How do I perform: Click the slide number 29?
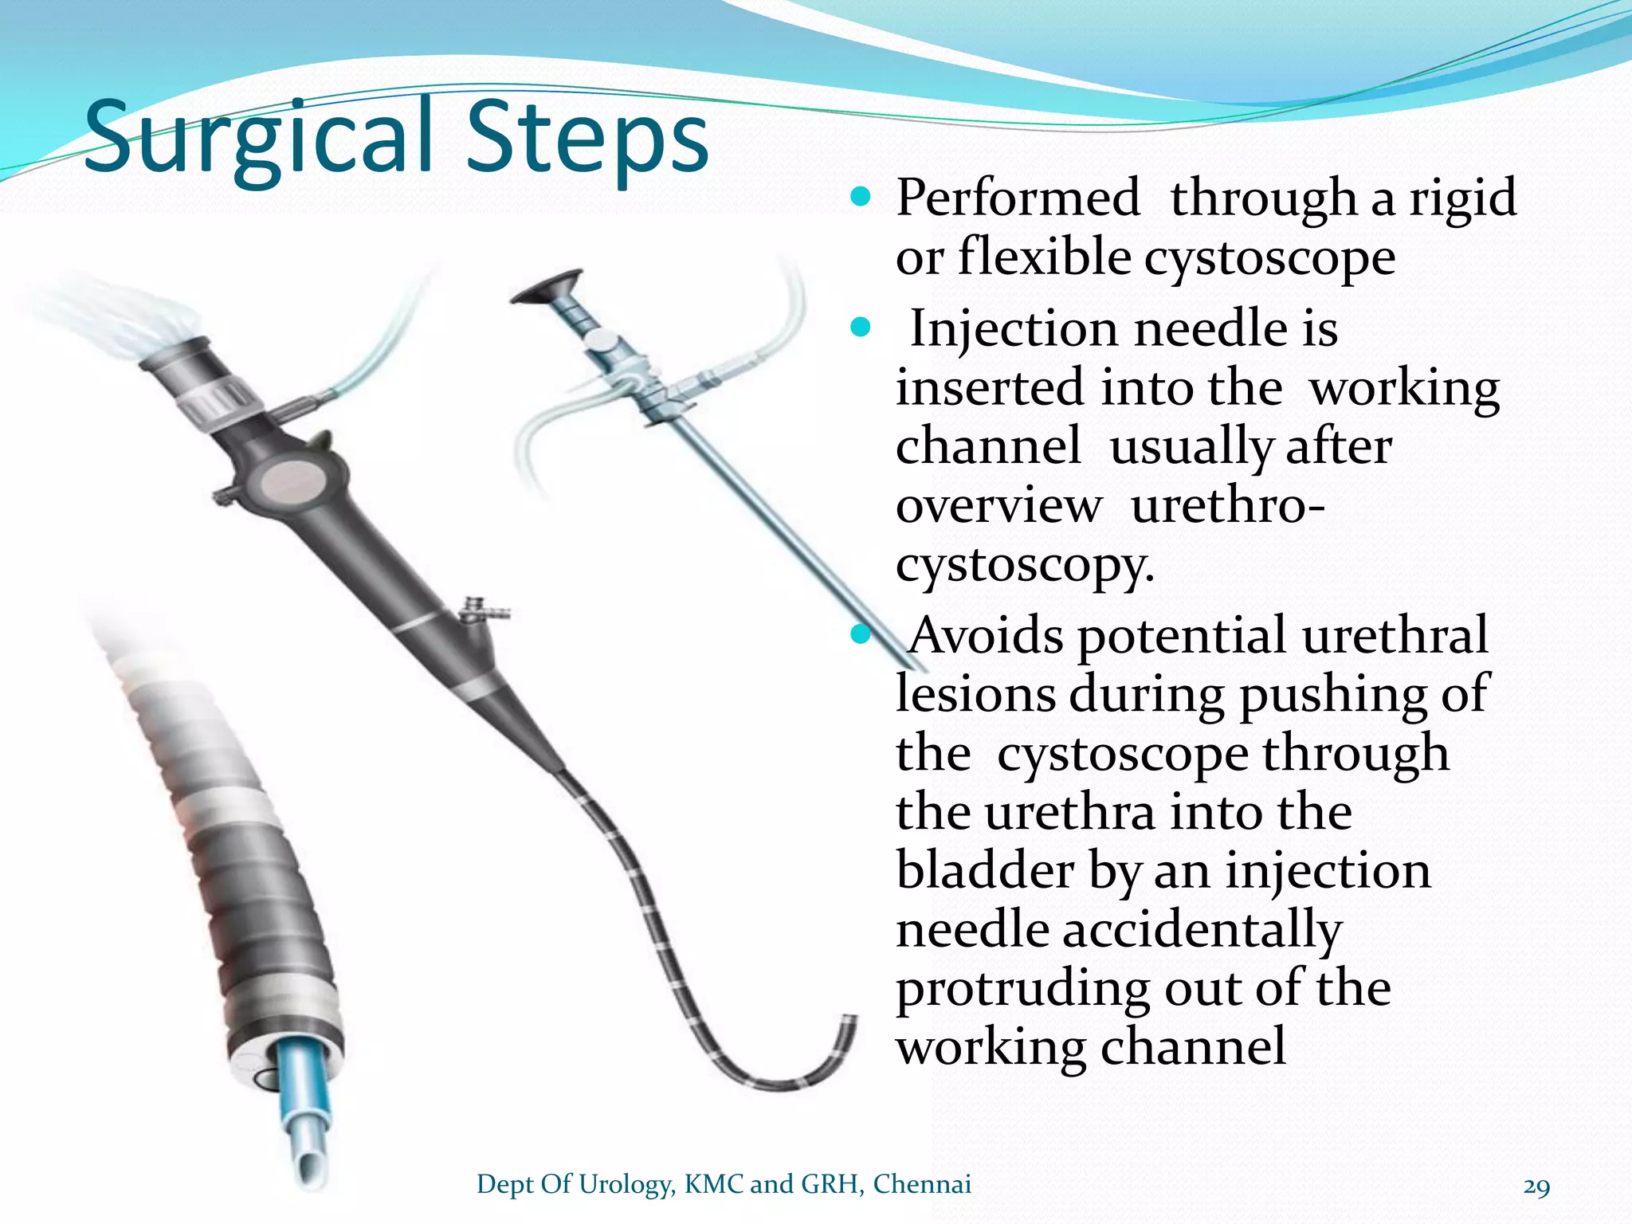[1536, 1187]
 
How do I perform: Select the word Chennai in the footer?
[922, 1184]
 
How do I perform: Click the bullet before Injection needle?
[861, 327]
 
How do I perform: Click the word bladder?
[983, 869]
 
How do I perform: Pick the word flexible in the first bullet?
[1044, 257]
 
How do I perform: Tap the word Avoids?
[986, 635]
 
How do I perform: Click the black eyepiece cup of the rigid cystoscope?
[547, 287]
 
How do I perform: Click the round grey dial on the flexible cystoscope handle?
[291, 483]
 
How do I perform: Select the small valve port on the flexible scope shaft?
[483, 610]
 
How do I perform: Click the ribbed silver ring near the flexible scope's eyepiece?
[217, 402]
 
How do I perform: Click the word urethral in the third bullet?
[1395, 635]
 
